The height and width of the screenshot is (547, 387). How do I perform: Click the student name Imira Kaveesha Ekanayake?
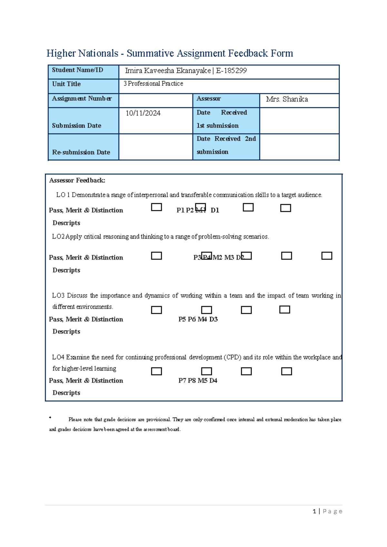(168, 71)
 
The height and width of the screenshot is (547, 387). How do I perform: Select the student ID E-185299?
(231, 71)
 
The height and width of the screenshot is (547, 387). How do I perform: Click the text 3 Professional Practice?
(153, 84)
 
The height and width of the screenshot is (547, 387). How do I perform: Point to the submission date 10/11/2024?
(143, 113)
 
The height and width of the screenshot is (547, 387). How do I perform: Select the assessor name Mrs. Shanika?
(287, 99)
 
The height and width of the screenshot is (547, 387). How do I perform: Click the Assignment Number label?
(82, 99)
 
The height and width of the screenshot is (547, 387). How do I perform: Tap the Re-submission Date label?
(81, 152)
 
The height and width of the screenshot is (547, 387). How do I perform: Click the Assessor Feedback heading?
(77, 181)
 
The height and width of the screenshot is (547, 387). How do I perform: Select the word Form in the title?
(282, 53)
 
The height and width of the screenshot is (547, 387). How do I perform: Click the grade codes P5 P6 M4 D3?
(198, 319)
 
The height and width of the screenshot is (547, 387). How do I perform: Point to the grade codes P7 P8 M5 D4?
(198, 381)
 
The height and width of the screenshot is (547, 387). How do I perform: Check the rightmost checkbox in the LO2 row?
(327, 256)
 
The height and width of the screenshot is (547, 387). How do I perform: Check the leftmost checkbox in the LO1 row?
(156, 207)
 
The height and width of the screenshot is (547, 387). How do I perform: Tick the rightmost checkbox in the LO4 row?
(286, 371)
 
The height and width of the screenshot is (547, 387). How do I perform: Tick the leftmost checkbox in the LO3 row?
(156, 310)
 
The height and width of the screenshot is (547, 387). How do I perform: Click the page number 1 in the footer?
(314, 511)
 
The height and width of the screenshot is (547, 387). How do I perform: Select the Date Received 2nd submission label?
(226, 145)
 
